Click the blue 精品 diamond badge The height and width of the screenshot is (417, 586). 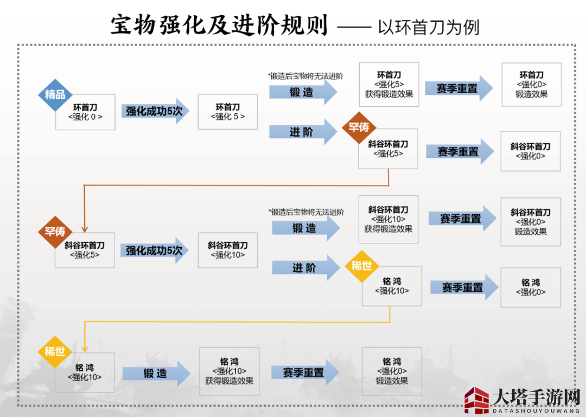(x=55, y=94)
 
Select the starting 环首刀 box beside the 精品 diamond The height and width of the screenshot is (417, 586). (x=85, y=112)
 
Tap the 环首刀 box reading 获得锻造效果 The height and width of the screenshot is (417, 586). (x=388, y=84)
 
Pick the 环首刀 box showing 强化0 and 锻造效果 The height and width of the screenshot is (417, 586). (x=531, y=84)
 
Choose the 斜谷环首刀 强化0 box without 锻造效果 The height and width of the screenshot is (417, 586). (x=530, y=151)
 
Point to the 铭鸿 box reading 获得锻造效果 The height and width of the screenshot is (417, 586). (x=229, y=371)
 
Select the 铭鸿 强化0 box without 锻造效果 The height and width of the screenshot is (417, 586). (x=530, y=287)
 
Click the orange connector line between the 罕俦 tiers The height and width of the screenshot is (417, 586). (x=233, y=185)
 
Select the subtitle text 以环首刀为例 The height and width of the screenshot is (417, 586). (x=429, y=27)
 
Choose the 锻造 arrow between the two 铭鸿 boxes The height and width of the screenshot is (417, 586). (x=156, y=374)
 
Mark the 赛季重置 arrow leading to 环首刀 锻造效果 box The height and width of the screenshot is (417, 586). (x=458, y=88)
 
